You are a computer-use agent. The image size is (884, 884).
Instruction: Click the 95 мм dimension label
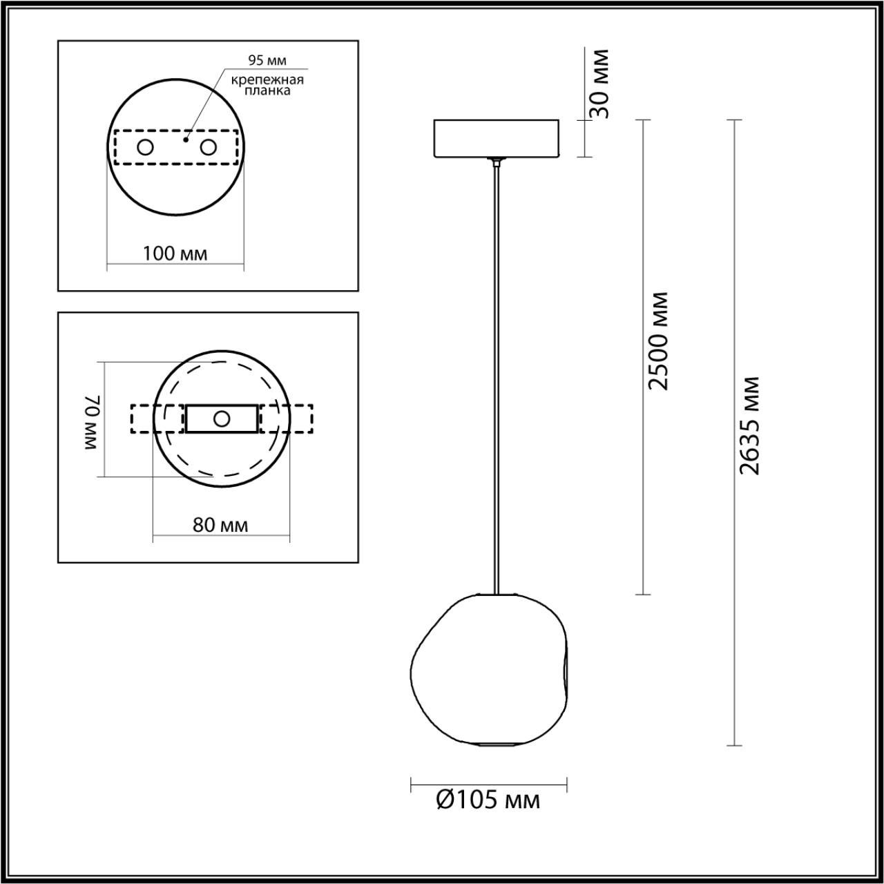267,61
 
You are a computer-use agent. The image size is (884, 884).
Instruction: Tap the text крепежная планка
267,85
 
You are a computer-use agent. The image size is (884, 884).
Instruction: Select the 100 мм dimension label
175,253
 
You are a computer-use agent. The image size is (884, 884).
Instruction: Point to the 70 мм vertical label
93,423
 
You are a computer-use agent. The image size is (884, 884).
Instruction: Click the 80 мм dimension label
220,525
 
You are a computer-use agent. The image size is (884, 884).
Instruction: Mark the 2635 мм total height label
749,425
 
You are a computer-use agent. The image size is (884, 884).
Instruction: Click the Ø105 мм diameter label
488,800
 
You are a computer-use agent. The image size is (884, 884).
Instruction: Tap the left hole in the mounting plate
145,147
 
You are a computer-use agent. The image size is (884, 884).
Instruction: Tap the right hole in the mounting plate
208,147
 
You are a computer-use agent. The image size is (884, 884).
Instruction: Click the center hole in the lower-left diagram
222,419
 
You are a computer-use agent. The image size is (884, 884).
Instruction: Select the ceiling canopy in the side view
497,138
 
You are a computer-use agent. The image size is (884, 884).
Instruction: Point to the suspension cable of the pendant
496,380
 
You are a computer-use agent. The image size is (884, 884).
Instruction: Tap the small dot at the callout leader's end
186,140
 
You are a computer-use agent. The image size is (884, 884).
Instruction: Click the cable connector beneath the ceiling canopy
496,162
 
